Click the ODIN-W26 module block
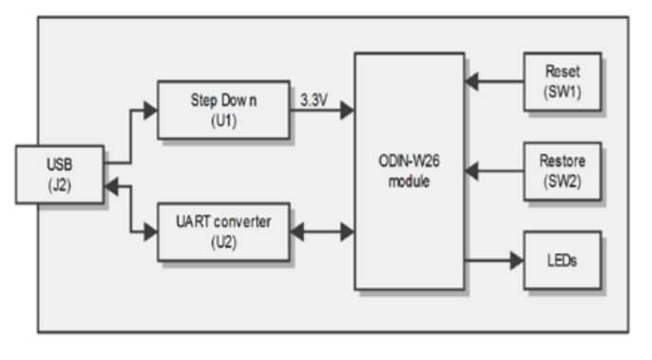(x=410, y=171)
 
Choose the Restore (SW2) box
(x=562, y=171)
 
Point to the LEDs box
(x=562, y=259)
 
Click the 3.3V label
(x=315, y=98)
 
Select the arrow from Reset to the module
(x=494, y=82)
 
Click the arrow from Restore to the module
(x=494, y=172)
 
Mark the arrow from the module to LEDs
(x=494, y=259)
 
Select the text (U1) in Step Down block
(x=223, y=122)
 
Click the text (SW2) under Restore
(x=562, y=180)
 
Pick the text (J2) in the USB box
(x=59, y=187)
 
